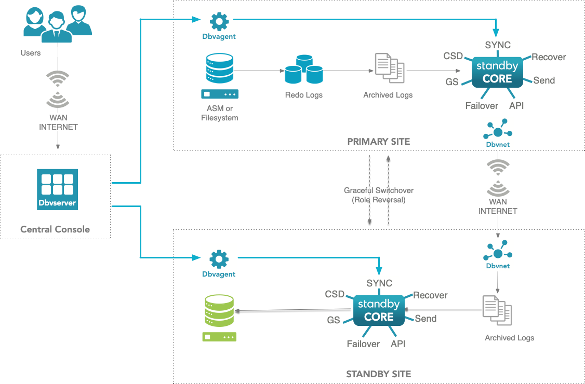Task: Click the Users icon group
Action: tap(58, 24)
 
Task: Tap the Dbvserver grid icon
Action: tap(58, 189)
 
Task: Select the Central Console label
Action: tap(55, 229)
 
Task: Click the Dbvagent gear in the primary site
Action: tap(219, 22)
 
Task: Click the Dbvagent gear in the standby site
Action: tap(219, 259)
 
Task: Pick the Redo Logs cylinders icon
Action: tap(304, 70)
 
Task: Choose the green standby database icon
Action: tap(219, 318)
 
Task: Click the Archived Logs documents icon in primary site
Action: tap(390, 68)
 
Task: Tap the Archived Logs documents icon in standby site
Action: tap(497, 310)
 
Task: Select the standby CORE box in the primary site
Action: tap(497, 72)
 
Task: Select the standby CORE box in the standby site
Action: tap(379, 310)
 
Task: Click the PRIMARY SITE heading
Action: tap(379, 142)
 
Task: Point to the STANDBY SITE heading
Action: tap(379, 374)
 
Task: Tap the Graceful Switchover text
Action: tap(379, 190)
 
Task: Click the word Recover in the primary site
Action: tap(549, 57)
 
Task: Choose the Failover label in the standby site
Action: tap(363, 344)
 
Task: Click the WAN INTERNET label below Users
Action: tap(59, 122)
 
